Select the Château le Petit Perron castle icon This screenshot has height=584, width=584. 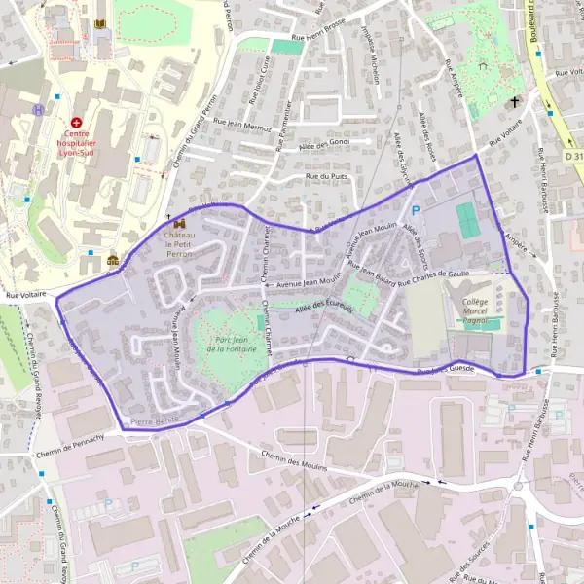pyautogui.click(x=179, y=223)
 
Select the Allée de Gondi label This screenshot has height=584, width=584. pyautogui.click(x=310, y=143)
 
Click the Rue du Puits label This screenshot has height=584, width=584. pyautogui.click(x=326, y=176)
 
